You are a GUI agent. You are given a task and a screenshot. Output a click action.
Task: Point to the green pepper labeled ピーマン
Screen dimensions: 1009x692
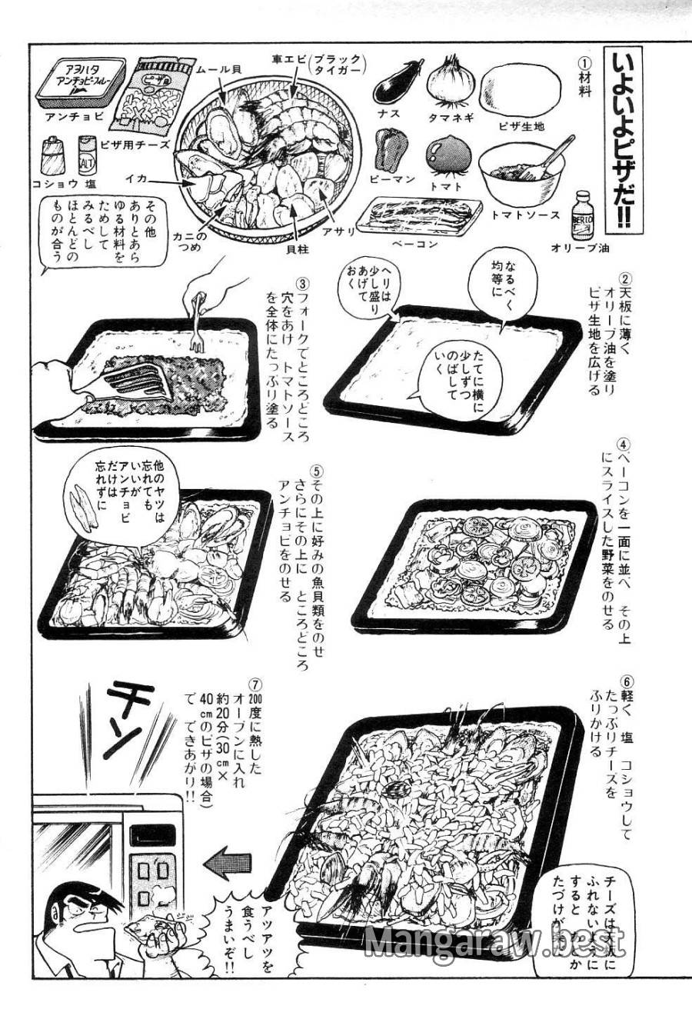[x=391, y=149]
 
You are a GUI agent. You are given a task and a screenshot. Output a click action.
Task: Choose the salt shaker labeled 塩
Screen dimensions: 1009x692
[x=85, y=157]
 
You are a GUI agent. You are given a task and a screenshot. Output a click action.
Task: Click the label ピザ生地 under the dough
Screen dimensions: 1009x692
[x=521, y=125]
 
